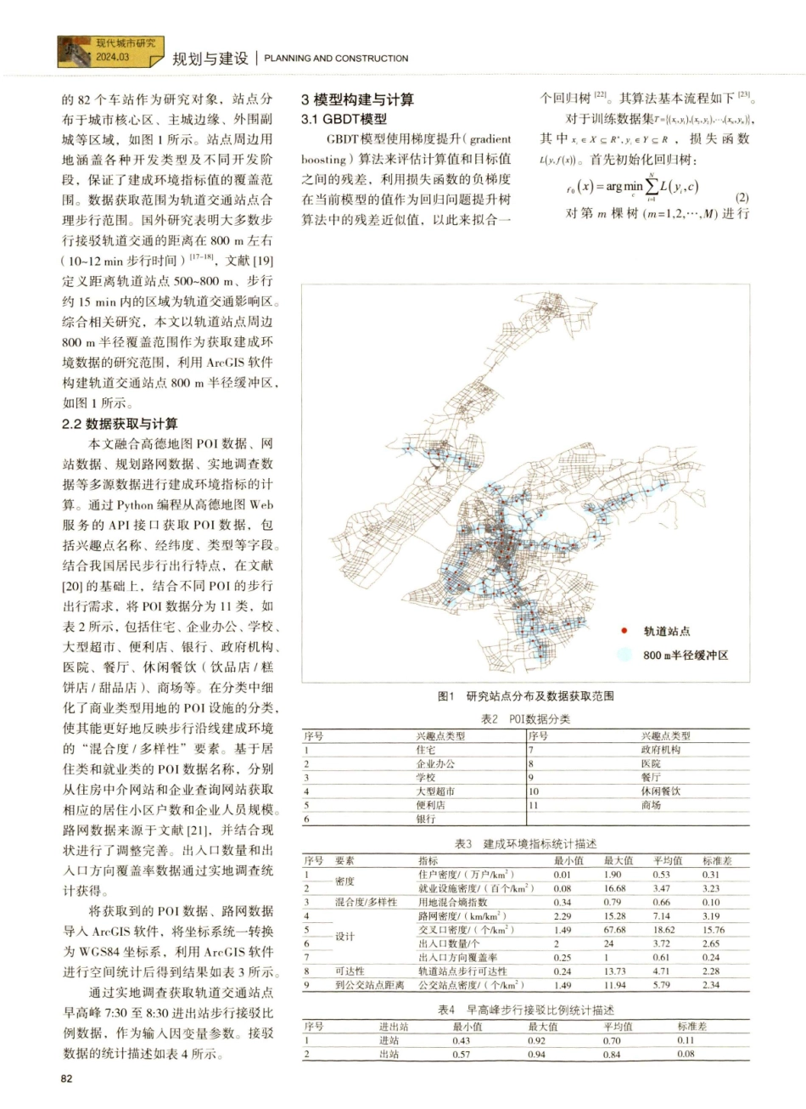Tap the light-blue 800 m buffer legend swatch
[x=625, y=655]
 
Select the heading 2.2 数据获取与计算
[x=120, y=424]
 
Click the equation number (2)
[x=742, y=198]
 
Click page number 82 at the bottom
[x=69, y=1078]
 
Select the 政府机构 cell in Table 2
[x=660, y=750]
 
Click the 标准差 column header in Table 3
[x=716, y=860]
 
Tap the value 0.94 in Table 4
[x=536, y=1054]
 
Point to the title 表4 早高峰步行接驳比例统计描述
[x=525, y=1010]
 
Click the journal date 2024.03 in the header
[x=112, y=58]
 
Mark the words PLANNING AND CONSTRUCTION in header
[x=336, y=59]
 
